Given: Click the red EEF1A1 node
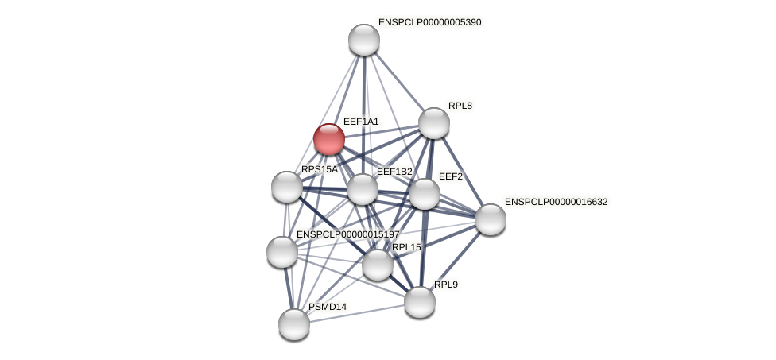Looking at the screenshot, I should (x=328, y=139).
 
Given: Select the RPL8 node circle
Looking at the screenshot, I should (x=434, y=123).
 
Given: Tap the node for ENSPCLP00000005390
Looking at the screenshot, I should (x=364, y=40).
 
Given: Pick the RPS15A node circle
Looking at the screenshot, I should (x=287, y=187).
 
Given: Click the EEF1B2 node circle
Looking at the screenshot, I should (x=363, y=189).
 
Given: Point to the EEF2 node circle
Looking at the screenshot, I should (x=425, y=194).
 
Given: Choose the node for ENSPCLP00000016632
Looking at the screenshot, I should (x=491, y=219).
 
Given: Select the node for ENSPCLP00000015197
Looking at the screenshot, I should (x=282, y=252).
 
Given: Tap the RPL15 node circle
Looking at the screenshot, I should (x=378, y=265).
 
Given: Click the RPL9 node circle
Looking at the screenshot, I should (x=420, y=302).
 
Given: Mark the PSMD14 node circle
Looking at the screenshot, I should (x=294, y=324).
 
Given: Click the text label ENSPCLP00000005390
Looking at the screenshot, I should (x=429, y=22).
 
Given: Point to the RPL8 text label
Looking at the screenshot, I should (x=460, y=106).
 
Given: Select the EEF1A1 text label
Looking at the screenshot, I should (x=361, y=122).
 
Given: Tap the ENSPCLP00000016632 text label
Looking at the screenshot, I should (x=556, y=202).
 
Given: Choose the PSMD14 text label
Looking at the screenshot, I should (x=328, y=307).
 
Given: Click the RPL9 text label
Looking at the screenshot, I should (x=445, y=285).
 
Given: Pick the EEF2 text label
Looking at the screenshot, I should (x=451, y=176).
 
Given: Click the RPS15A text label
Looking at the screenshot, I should (x=319, y=169).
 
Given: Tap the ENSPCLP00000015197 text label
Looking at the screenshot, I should (x=347, y=234).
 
